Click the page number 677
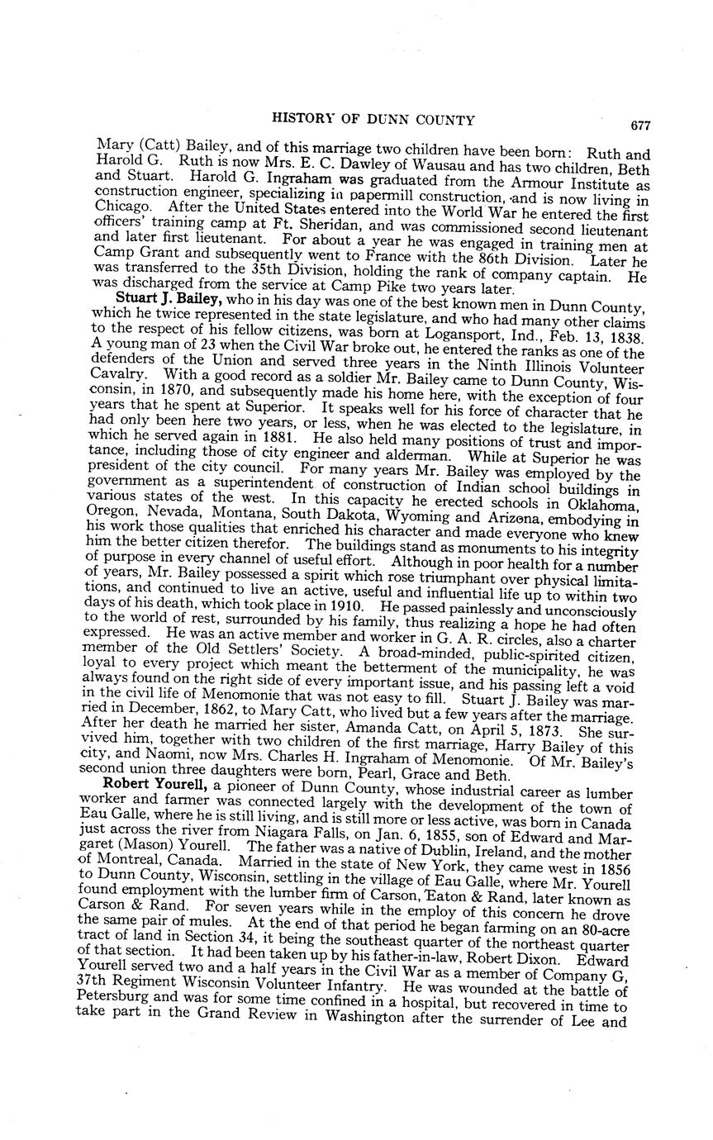click(x=639, y=126)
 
